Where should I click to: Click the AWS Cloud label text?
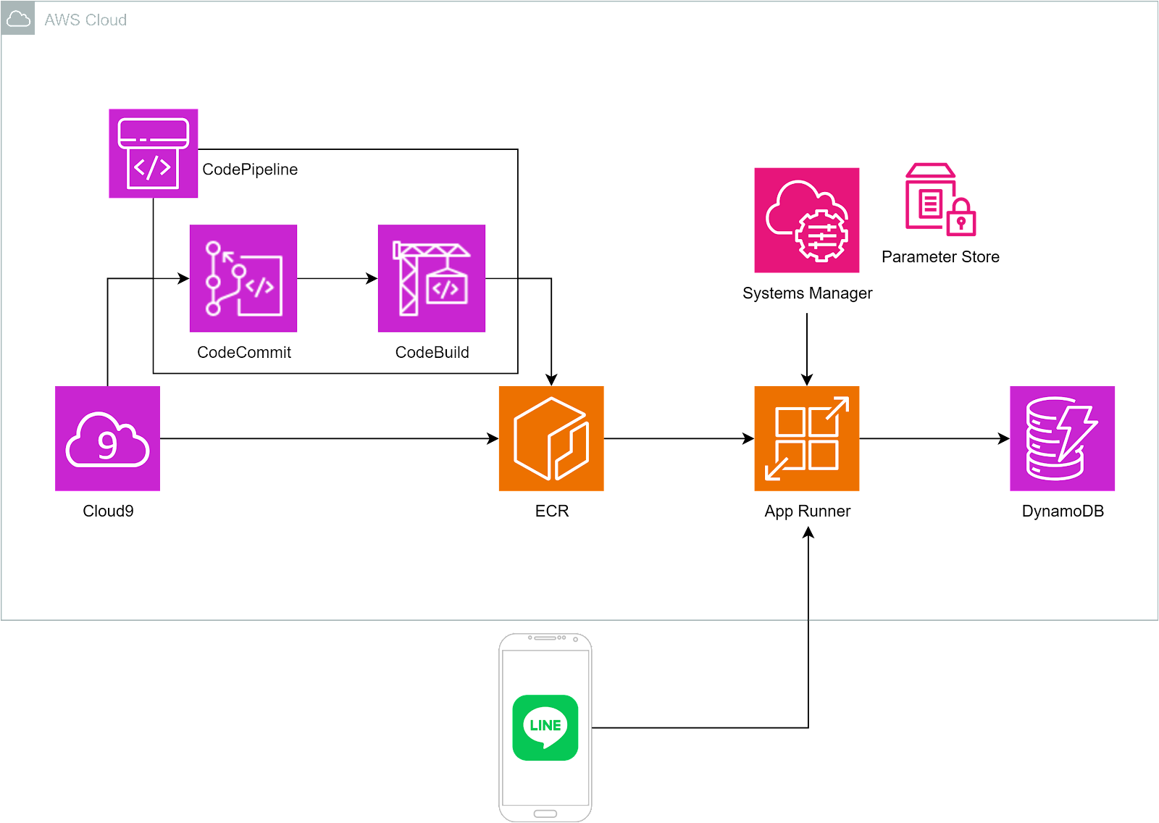click(85, 20)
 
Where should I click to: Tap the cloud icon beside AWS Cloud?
click(18, 19)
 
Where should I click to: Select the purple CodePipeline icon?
click(153, 153)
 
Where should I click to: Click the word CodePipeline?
click(250, 170)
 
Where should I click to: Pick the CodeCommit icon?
click(243, 278)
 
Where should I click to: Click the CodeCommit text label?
click(244, 353)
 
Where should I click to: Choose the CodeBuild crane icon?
click(432, 278)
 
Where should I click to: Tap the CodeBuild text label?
click(432, 353)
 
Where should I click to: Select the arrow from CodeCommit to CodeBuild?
click(337, 278)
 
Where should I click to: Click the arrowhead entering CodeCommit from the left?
click(183, 278)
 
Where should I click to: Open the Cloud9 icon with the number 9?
click(107, 438)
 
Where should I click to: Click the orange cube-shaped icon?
click(551, 438)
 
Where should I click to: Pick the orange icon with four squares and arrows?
click(807, 438)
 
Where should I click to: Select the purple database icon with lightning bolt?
click(1063, 438)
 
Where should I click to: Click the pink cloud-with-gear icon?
click(807, 220)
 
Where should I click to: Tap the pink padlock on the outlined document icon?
click(961, 220)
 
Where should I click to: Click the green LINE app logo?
click(545, 727)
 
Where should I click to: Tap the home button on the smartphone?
click(545, 814)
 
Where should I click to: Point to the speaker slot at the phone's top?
click(545, 638)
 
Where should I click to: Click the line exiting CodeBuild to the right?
click(501, 278)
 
